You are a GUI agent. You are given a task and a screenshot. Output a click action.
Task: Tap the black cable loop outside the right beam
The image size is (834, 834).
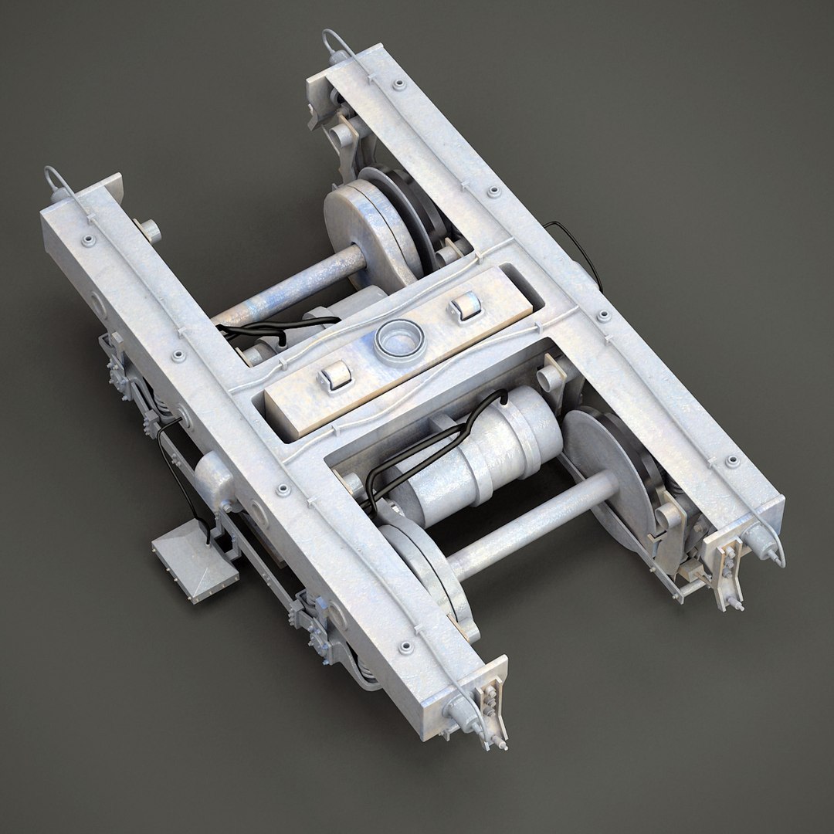[581, 247]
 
